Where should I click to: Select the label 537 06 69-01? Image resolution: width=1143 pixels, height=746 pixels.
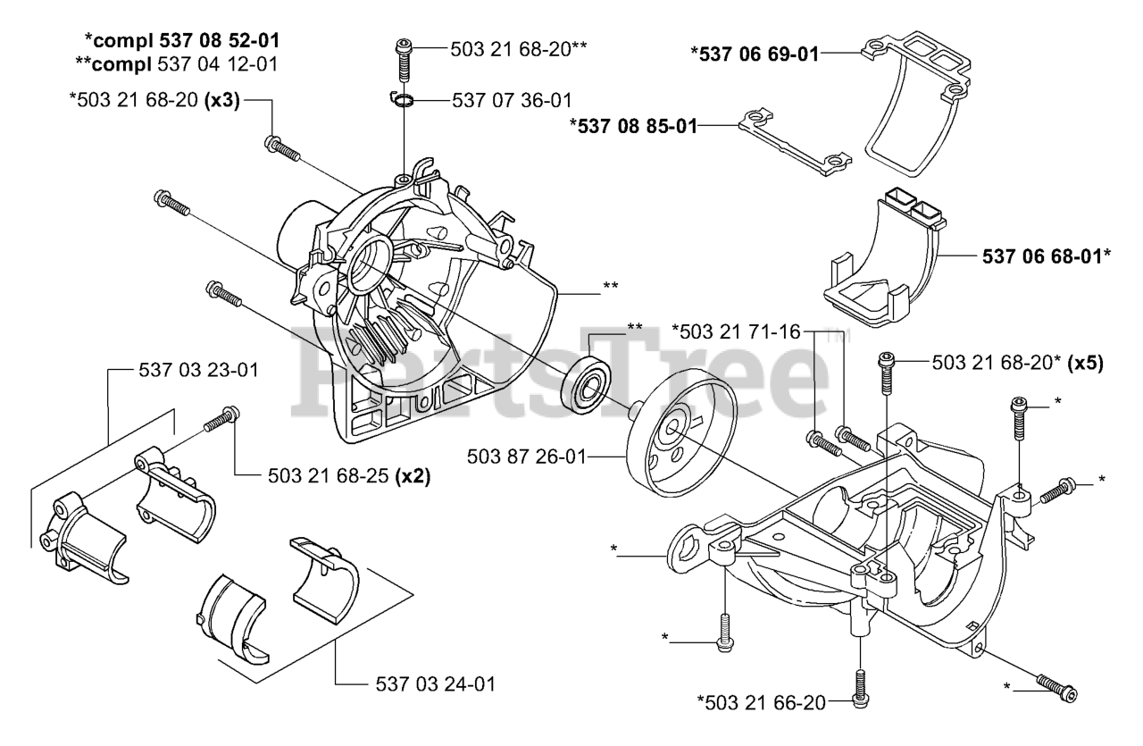(x=754, y=53)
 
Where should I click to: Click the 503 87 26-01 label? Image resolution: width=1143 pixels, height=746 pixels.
(x=526, y=457)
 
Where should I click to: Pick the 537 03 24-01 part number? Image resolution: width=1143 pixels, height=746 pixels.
(x=432, y=684)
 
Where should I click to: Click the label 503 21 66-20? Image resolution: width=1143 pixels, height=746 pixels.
(x=762, y=703)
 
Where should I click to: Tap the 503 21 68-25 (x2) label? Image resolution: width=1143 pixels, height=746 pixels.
(x=348, y=476)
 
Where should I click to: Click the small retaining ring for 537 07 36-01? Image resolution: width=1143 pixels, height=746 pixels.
(x=404, y=98)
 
